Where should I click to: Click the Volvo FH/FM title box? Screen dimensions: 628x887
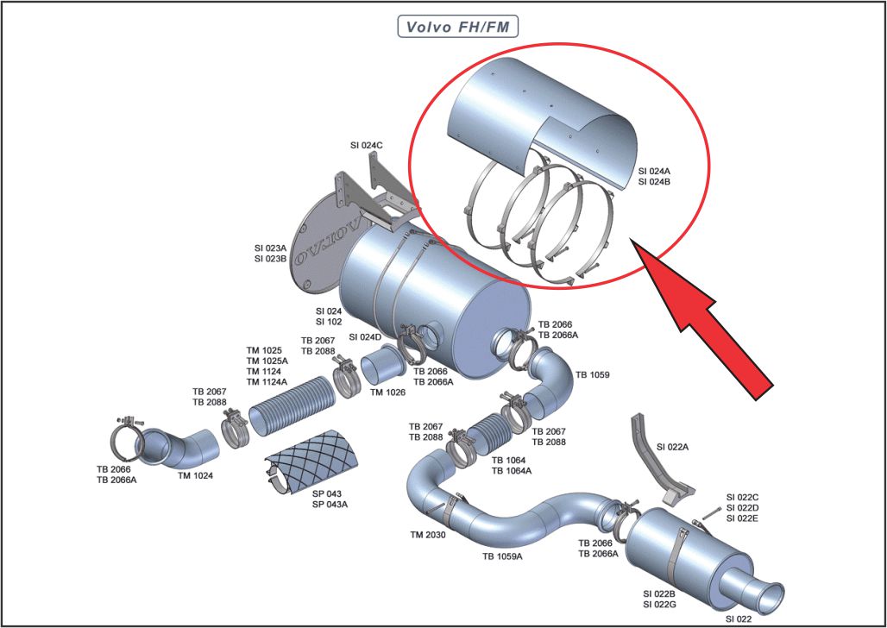[x=457, y=26]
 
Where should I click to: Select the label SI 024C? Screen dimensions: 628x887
[x=367, y=146]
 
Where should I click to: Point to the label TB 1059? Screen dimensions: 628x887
[x=593, y=374]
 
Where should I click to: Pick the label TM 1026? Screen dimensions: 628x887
[x=388, y=392]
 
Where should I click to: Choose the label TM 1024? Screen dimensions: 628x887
[x=196, y=475]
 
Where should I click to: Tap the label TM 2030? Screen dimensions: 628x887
[x=428, y=535]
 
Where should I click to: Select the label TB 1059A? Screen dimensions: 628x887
[x=501, y=556]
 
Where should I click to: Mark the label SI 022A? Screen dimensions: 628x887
[x=674, y=447]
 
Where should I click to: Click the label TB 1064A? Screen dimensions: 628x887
[x=512, y=471]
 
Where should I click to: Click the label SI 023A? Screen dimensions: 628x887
[x=272, y=248]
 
